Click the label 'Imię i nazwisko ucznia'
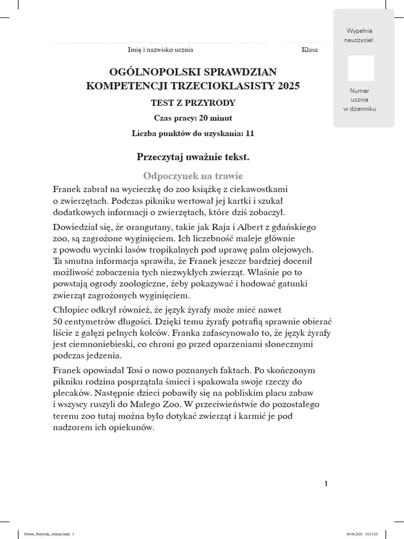160,50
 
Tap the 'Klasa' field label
309,50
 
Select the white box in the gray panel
361,68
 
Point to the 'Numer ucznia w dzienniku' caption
360,100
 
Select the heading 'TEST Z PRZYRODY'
194,103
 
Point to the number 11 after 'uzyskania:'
249,134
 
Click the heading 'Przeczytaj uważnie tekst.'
193,157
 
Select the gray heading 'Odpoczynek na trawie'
193,176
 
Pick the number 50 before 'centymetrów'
58,321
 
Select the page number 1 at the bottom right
326,484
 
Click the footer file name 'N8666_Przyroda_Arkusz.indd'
44,534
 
